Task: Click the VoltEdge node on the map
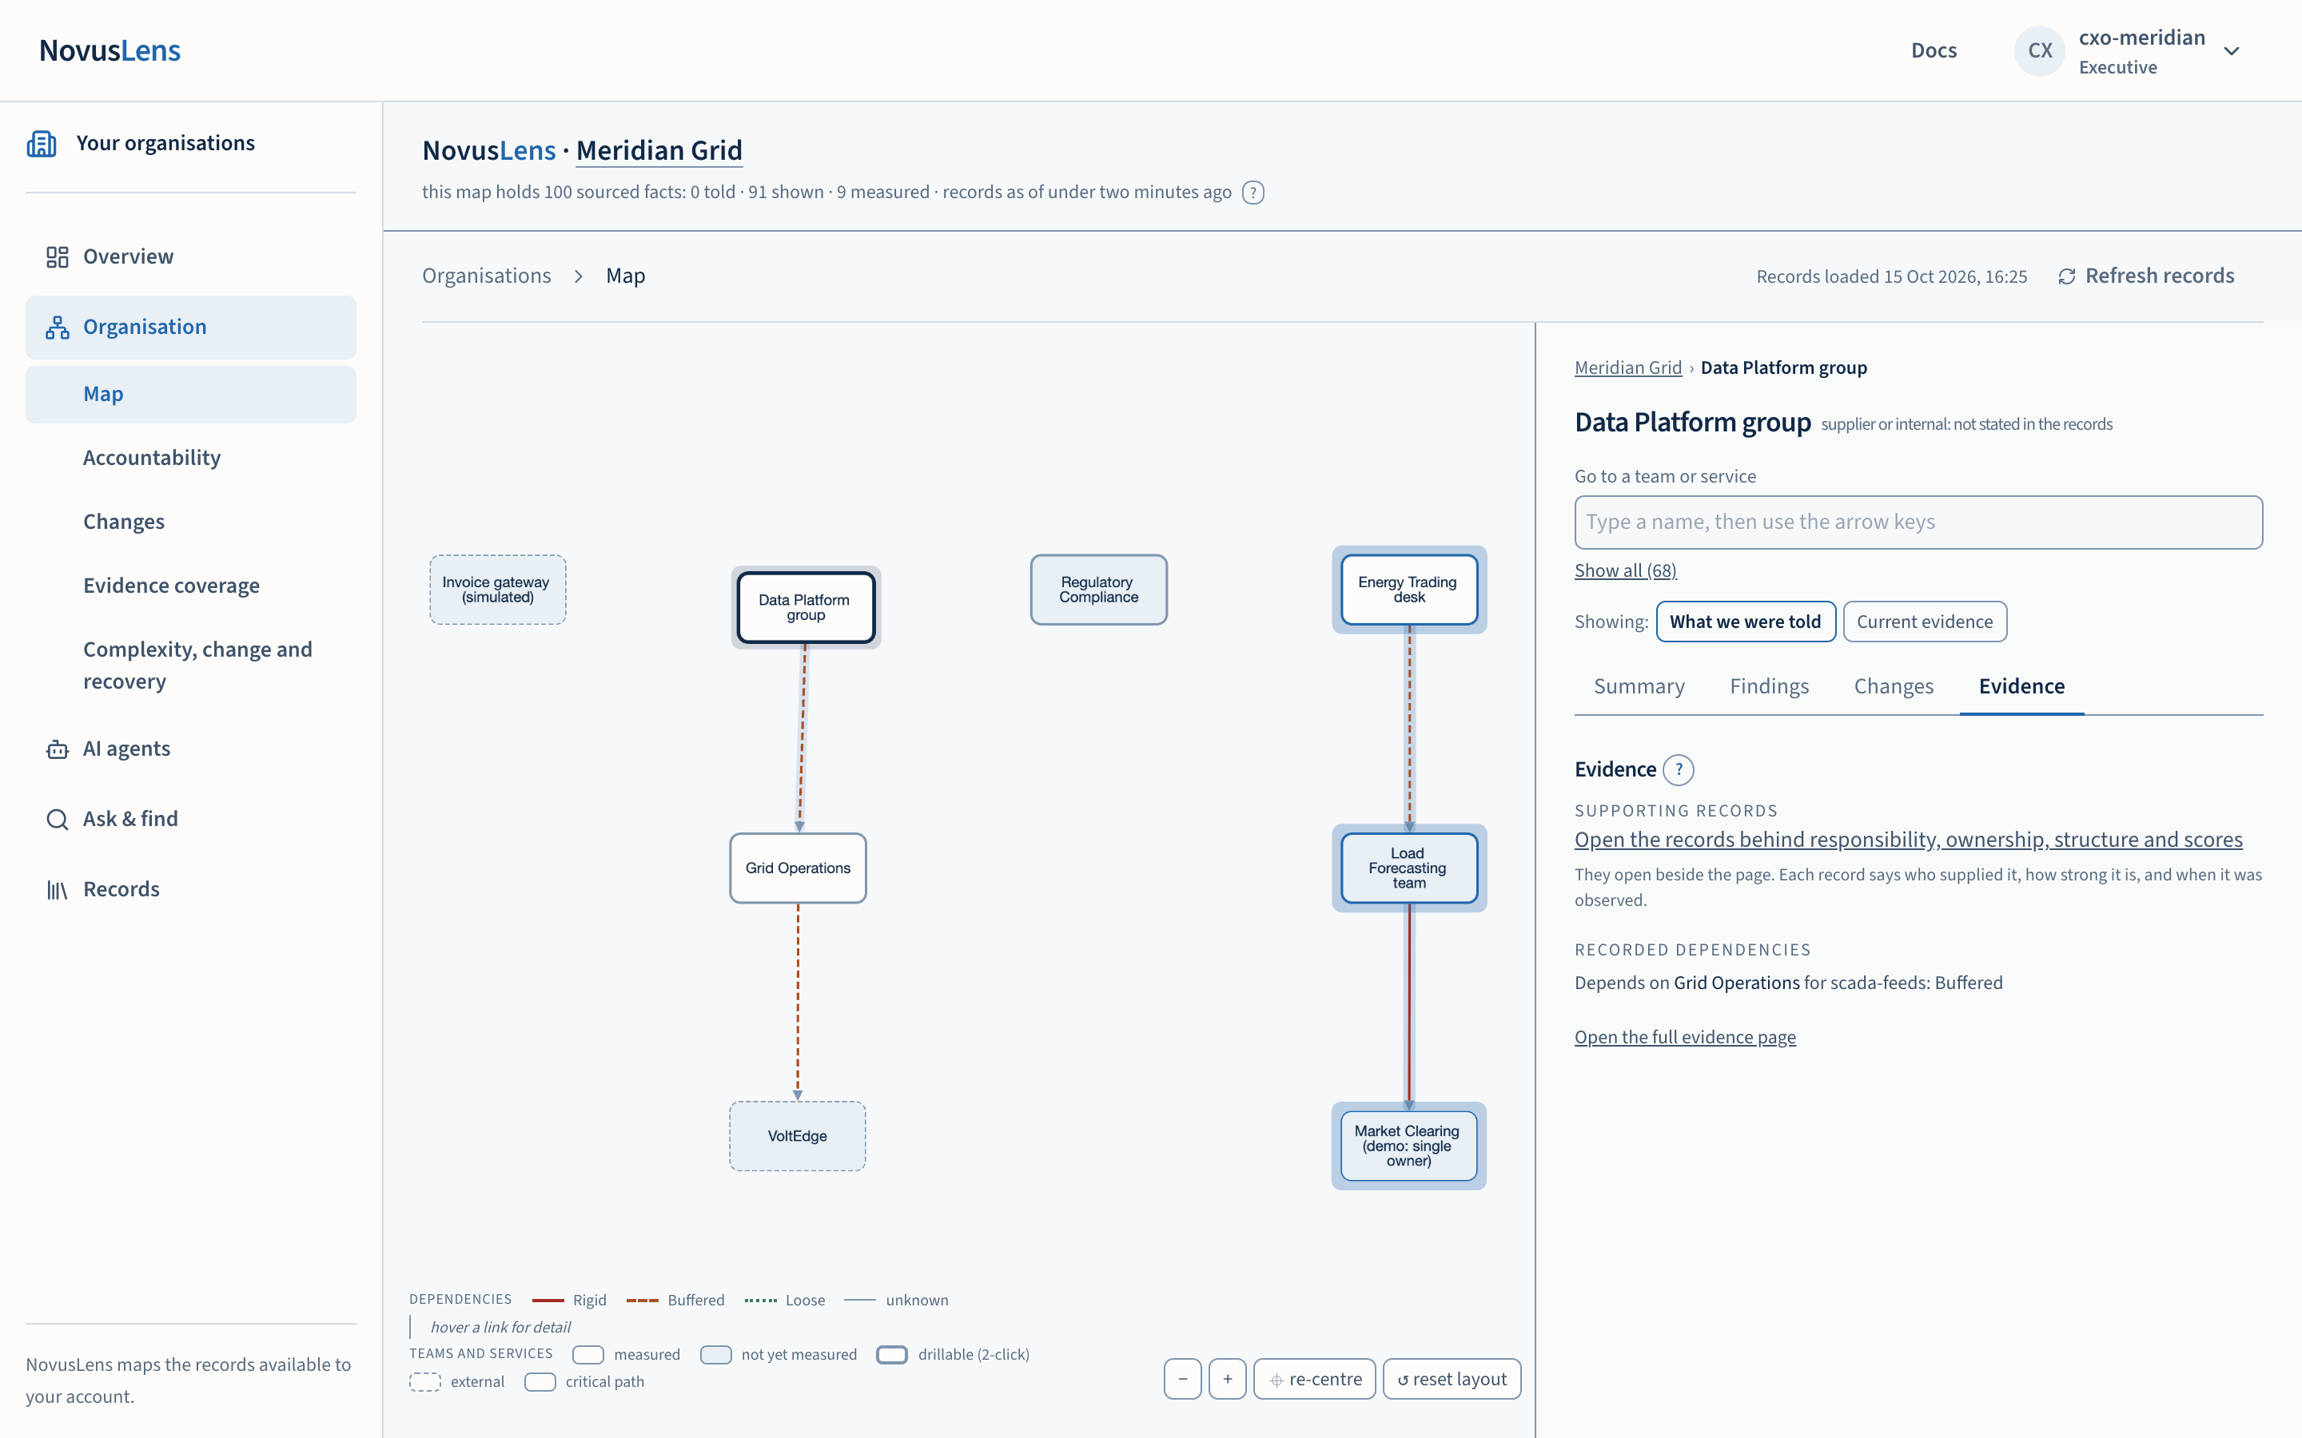coord(797,1135)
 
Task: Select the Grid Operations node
coord(797,868)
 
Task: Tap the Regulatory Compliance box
coord(1099,590)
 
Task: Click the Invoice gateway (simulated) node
coord(497,590)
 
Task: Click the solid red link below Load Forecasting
coord(1409,1007)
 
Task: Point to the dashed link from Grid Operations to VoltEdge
coord(797,1003)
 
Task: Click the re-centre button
coord(1315,1379)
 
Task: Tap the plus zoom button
coord(1227,1379)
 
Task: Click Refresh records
coord(2146,276)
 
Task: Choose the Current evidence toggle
coord(1925,621)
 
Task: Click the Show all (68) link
coord(1625,570)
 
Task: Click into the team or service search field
coord(1918,522)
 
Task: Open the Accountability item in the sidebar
coord(152,458)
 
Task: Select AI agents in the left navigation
coord(126,749)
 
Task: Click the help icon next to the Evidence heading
coord(1679,769)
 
